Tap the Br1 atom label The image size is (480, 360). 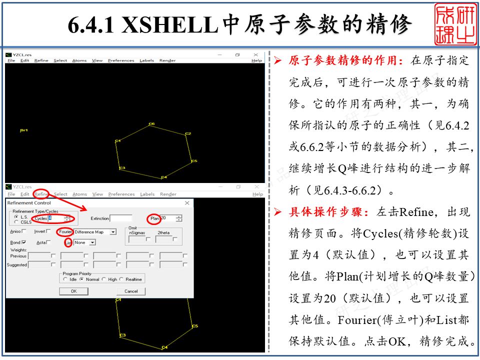(x=23, y=130)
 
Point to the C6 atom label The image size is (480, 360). (x=151, y=123)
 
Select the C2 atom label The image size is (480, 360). (x=188, y=134)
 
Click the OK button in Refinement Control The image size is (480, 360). (x=73, y=291)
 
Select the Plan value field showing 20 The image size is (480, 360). (x=167, y=218)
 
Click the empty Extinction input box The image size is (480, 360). (x=121, y=218)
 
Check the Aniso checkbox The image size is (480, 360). (x=24, y=231)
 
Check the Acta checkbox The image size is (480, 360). (x=48, y=242)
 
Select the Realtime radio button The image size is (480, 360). (x=123, y=279)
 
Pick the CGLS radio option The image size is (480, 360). (x=16, y=222)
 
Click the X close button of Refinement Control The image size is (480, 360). (x=187, y=203)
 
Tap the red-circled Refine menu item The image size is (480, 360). (x=41, y=194)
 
